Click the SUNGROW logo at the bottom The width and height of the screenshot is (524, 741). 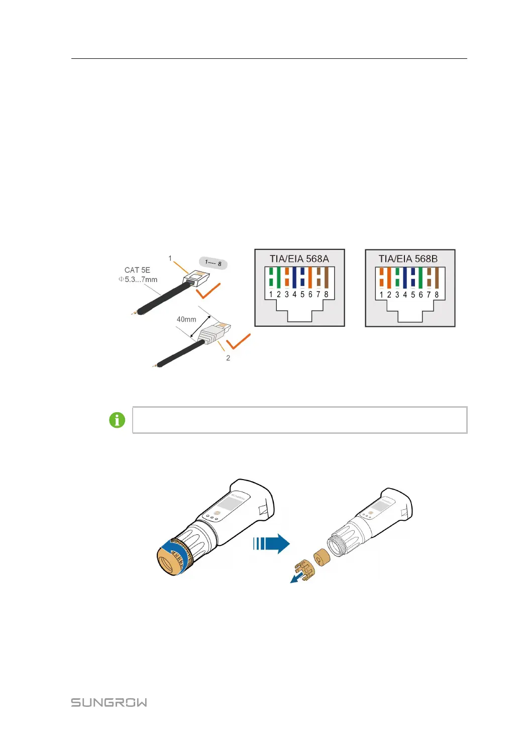click(109, 702)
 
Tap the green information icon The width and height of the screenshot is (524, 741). click(117, 420)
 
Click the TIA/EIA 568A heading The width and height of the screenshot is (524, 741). click(299, 259)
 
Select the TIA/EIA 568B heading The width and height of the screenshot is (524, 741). click(408, 259)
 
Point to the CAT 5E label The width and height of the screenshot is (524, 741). click(137, 270)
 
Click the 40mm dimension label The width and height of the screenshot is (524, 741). click(186, 319)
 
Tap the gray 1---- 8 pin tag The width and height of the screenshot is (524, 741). click(213, 263)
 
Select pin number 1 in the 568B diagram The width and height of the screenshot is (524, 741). click(381, 295)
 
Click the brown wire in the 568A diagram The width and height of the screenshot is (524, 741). click(326, 277)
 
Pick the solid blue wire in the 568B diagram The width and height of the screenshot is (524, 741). click(405, 277)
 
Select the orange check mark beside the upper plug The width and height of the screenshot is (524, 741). click(208, 291)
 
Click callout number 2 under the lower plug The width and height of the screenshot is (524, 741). click(228, 358)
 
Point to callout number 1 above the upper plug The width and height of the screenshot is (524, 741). click(170, 258)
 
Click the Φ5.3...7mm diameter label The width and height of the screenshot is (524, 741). click(138, 280)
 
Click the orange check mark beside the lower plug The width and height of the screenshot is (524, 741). click(238, 342)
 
